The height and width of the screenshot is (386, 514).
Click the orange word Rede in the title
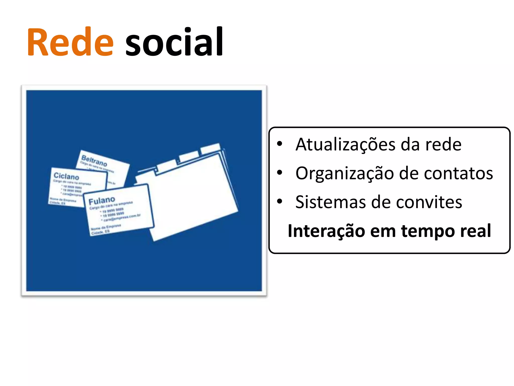[71, 42]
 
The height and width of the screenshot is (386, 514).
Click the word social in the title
[174, 42]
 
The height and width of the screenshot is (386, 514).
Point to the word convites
[429, 202]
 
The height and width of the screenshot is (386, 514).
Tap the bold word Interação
[326, 231]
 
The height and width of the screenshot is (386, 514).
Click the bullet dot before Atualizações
[280, 144]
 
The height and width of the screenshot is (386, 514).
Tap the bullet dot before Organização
[280, 173]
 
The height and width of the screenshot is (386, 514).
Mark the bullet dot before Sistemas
[280, 201]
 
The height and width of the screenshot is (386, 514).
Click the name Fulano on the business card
[102, 201]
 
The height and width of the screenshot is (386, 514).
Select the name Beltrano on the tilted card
[94, 161]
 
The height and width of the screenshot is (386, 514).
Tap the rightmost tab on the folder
[210, 149]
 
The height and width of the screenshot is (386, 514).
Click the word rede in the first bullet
[443, 145]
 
